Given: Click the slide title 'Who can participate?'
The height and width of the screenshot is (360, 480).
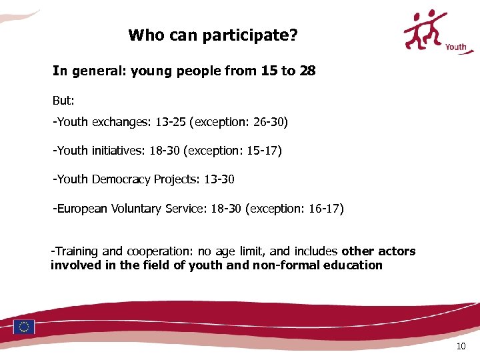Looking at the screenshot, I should click(213, 35).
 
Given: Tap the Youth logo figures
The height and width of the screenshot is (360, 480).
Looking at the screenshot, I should click(426, 30).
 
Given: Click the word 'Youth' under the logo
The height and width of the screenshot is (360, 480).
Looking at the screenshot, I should click(456, 47).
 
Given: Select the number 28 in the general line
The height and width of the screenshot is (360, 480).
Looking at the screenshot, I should click(307, 71).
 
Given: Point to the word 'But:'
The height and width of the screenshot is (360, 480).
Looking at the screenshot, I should click(63, 101).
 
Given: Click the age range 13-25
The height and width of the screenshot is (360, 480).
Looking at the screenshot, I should click(171, 123).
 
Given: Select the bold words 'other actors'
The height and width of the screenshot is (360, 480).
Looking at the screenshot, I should click(378, 251).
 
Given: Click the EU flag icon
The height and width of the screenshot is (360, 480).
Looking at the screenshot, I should click(24, 327).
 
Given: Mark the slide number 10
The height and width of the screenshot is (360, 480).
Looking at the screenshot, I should click(461, 347).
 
